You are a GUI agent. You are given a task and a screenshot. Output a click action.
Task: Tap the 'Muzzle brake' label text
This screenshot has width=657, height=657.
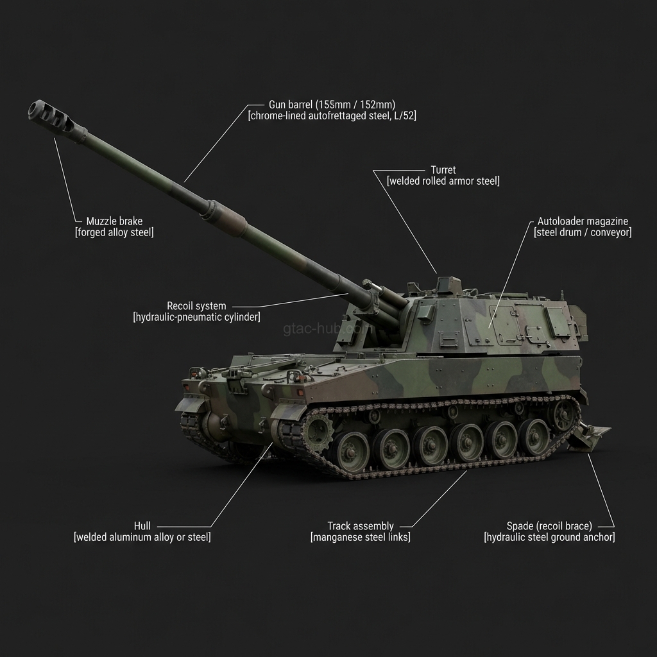114,221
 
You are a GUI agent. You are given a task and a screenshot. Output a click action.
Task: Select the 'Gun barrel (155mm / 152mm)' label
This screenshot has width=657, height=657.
332,105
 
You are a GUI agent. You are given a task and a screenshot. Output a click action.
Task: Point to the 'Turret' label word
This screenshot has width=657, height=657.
443,170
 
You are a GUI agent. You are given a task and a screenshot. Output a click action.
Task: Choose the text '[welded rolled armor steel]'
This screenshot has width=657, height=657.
443,182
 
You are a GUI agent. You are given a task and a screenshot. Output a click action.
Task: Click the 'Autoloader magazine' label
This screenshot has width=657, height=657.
583,221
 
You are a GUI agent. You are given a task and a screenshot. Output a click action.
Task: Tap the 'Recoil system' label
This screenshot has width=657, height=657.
196,306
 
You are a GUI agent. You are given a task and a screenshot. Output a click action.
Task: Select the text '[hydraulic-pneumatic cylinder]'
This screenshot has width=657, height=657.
196,318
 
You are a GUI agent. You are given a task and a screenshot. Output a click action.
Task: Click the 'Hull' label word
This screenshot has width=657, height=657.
142,526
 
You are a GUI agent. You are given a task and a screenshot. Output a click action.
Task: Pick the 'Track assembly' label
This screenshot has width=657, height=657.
361,526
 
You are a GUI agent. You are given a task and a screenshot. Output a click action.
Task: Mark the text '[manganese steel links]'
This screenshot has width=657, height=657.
361,538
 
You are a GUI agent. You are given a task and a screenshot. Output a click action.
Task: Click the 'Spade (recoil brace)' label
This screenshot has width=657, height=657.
549,526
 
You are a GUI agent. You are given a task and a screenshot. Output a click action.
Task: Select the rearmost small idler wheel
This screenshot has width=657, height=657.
564,414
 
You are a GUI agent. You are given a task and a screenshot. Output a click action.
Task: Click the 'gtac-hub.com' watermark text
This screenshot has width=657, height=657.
327,329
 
